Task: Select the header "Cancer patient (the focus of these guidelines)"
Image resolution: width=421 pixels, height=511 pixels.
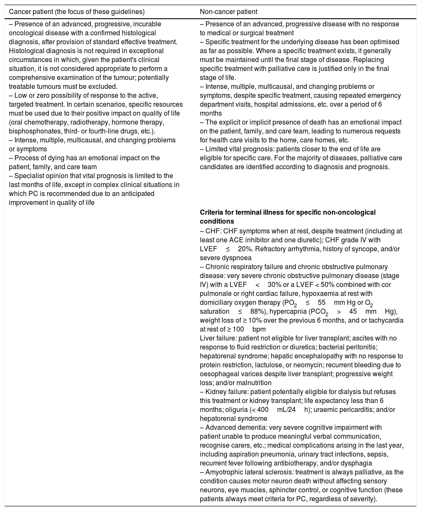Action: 76,12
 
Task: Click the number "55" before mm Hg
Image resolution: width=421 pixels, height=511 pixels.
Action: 321,303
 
